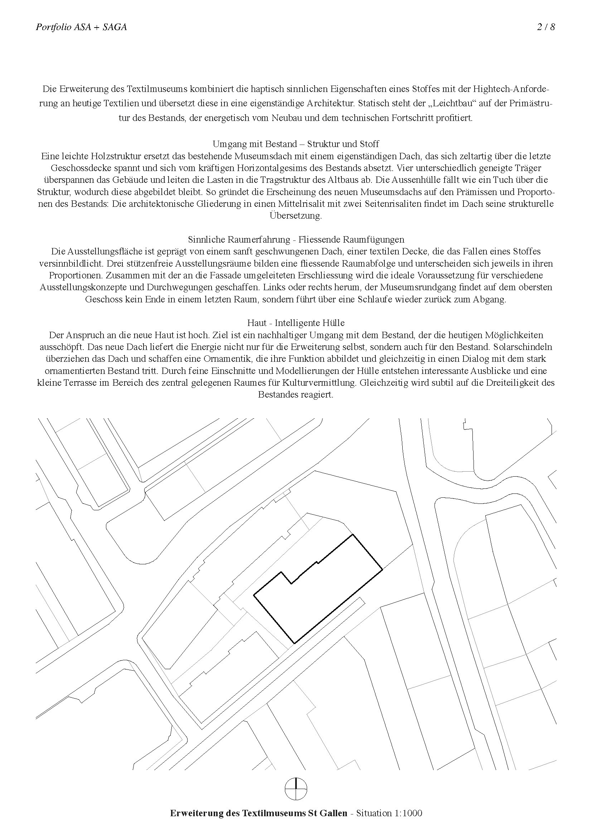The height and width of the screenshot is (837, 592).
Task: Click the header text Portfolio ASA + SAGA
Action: [x=81, y=27]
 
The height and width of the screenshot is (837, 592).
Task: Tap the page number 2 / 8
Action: [x=546, y=27]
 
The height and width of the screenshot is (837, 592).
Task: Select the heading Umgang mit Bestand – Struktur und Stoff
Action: [x=296, y=143]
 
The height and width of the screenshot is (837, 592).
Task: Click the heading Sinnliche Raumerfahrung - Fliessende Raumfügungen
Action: [x=296, y=239]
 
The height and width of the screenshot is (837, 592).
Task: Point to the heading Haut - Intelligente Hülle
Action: [x=296, y=323]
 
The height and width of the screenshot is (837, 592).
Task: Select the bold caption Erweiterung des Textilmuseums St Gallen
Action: [x=258, y=813]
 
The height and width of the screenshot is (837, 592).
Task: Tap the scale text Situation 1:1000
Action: [x=389, y=813]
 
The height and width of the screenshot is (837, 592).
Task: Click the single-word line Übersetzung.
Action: [x=296, y=216]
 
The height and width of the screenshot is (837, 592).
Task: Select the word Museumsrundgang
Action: [x=418, y=287]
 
